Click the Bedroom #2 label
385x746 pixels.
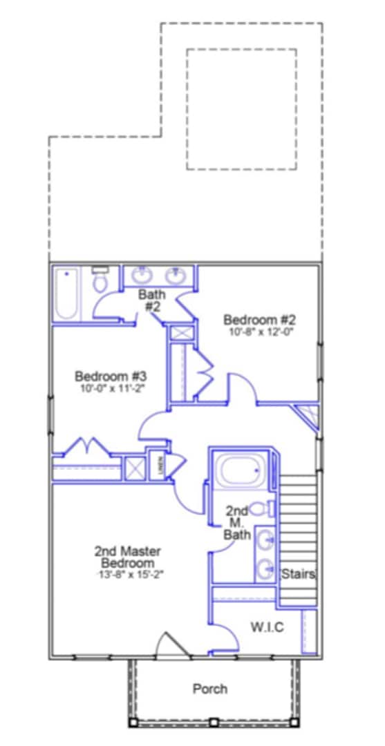260,320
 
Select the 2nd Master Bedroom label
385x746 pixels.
128,557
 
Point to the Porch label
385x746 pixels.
209,689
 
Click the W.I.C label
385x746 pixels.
266,627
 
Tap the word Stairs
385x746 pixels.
299,574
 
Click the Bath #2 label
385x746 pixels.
151,300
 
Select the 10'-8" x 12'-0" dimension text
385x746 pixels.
260,332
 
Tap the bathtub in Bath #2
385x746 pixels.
66,294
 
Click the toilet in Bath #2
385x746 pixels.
101,280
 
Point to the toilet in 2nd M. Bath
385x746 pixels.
260,510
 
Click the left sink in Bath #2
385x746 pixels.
143,276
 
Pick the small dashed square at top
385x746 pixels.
241,109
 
